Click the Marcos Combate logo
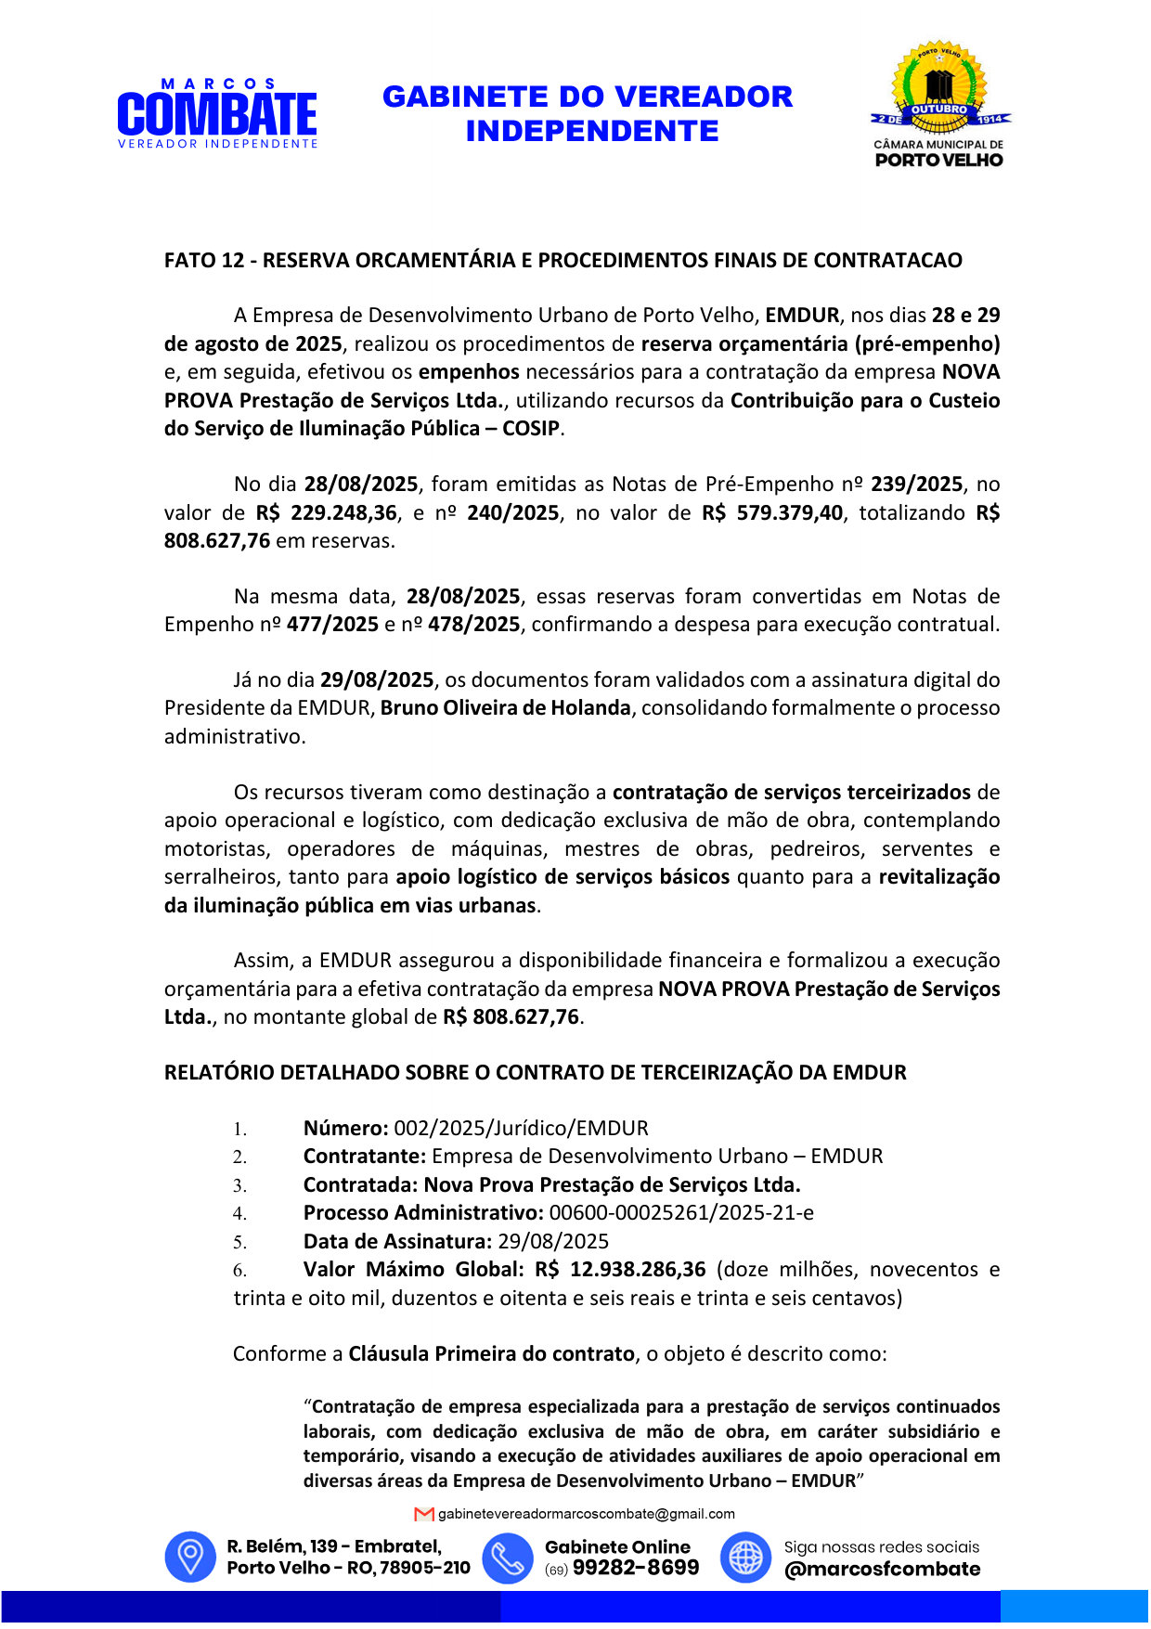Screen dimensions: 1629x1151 [217, 114]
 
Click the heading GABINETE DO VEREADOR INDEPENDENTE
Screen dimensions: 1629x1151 [588, 113]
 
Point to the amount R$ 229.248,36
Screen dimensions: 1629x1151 [327, 512]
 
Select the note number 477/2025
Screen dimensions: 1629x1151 [332, 624]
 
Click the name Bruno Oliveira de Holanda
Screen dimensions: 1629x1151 [505, 707]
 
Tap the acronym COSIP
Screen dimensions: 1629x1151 [531, 428]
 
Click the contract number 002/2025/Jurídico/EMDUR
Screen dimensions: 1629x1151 [521, 1128]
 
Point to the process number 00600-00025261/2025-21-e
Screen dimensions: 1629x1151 [681, 1212]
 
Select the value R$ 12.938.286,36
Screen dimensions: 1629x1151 [620, 1269]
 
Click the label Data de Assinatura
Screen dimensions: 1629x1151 [397, 1241]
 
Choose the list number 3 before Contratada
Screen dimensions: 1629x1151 [239, 1185]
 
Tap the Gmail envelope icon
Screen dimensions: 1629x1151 [424, 1514]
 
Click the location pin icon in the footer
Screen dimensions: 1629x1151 [190, 1557]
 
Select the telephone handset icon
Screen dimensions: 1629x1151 [508, 1557]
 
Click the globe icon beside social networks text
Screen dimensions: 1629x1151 [745, 1557]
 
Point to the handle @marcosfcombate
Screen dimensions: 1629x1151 [882, 1569]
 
